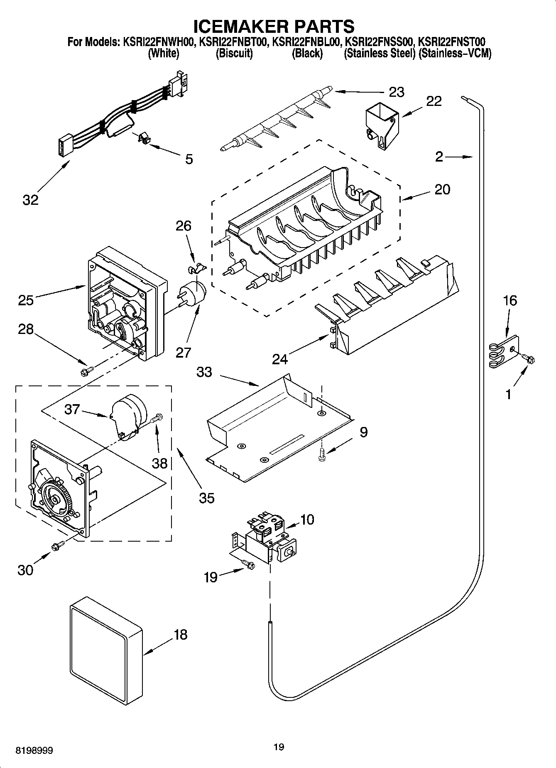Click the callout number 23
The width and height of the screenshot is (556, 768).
(x=397, y=92)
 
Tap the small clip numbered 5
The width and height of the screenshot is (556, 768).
(x=144, y=139)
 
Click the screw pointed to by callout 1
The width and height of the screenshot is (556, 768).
(x=528, y=358)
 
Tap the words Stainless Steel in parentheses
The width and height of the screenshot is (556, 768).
(x=379, y=53)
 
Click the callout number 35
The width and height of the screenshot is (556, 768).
(x=206, y=498)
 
